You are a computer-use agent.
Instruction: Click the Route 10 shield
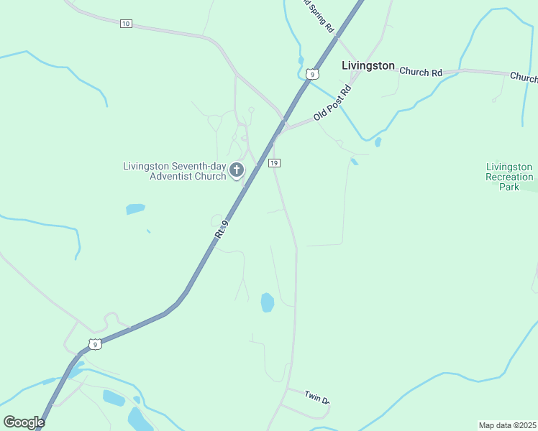tap(126, 24)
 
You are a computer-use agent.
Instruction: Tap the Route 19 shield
tap(274, 163)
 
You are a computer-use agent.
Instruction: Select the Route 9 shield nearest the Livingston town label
tap(311, 73)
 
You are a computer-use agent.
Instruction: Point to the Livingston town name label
tap(367, 66)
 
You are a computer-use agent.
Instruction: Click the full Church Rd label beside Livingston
tap(421, 72)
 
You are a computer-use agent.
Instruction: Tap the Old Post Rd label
tap(332, 103)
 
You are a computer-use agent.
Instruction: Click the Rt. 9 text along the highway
tap(222, 230)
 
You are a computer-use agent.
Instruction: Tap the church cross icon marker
tap(237, 170)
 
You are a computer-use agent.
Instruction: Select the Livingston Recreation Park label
tap(509, 177)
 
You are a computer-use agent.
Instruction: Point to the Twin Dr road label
tap(316, 397)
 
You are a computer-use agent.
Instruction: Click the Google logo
tap(24, 422)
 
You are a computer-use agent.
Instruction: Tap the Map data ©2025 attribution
tap(507, 425)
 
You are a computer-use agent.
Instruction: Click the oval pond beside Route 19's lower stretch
tap(267, 302)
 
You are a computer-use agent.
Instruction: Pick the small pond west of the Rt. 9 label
tap(135, 209)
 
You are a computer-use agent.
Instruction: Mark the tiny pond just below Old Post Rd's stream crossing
tap(378, 142)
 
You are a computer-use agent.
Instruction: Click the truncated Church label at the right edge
tap(524, 77)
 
